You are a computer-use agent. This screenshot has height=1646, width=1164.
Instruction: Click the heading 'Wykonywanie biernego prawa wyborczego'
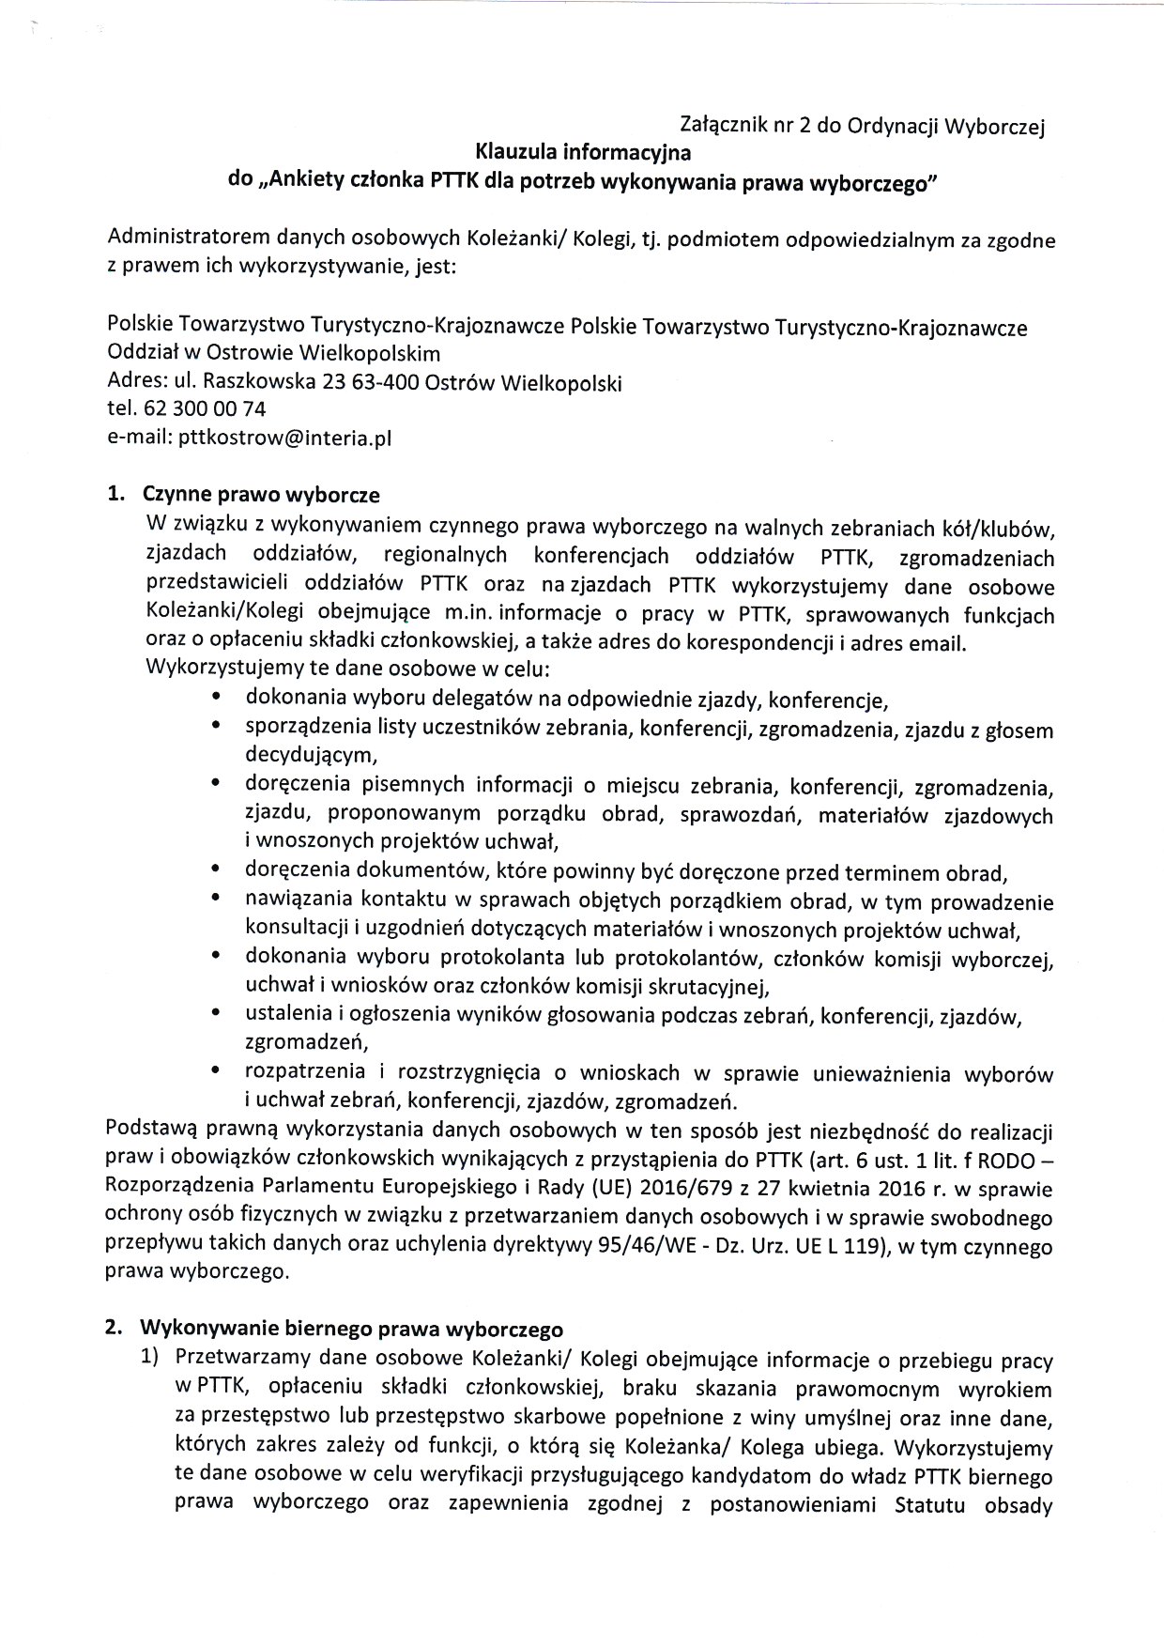351,1330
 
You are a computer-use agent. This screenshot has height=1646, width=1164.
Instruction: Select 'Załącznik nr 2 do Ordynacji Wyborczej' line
862,127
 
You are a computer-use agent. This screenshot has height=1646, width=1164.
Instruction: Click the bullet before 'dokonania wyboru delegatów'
217,699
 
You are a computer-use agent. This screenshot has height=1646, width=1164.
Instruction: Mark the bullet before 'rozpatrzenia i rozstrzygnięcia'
217,1069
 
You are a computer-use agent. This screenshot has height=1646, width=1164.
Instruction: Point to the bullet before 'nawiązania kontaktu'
217,900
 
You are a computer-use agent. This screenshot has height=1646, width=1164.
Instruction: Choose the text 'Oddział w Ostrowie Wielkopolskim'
274,355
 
